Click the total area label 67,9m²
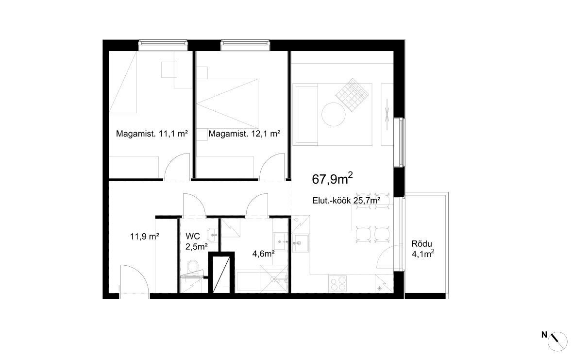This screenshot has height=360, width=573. tap(332, 178)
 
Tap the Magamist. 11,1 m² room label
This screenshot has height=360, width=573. tap(152, 134)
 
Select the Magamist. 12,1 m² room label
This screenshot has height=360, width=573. tap(244, 134)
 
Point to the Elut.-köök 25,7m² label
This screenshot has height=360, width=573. tap(346, 200)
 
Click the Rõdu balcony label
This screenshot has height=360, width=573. tap(421, 244)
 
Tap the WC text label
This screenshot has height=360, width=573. tap(193, 236)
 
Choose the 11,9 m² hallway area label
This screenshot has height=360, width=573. tap(144, 236)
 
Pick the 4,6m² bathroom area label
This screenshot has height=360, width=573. tap(264, 253)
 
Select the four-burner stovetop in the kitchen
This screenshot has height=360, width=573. tap(338, 283)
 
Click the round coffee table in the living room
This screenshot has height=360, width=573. tap(333, 114)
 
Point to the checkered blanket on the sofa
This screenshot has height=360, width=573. tap(352, 94)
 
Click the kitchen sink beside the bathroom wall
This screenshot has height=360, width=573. tap(301, 243)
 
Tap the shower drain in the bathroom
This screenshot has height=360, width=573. tap(273, 279)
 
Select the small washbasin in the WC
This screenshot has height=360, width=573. tap(213, 234)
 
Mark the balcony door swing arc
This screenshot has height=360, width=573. tap(385, 257)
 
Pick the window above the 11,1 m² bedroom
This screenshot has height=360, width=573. tap(163, 45)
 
